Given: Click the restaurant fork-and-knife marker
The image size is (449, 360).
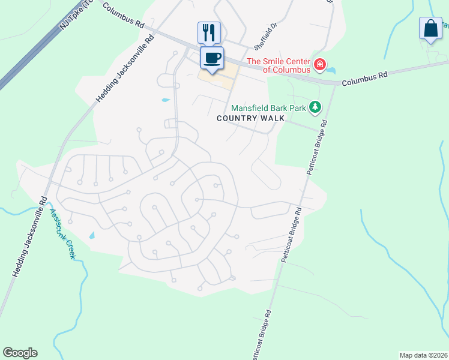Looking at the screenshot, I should pos(209,32).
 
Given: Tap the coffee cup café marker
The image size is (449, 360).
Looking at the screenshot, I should pos(212,58).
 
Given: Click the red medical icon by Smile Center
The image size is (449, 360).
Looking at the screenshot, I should pos(320,64).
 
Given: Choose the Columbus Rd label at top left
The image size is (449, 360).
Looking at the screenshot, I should pos(124,16).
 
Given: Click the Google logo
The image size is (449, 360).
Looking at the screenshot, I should pos(20,353).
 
